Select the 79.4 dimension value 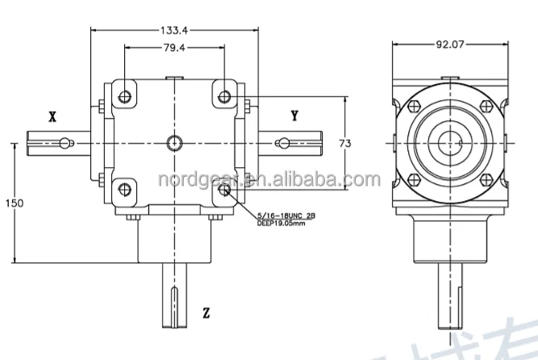[x=173, y=48]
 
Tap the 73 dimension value [x=345, y=143]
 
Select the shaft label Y [x=294, y=116]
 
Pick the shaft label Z [x=206, y=312]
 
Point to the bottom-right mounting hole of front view [x=223, y=190]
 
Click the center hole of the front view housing [x=173, y=143]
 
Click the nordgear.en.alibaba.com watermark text [x=265, y=179]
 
